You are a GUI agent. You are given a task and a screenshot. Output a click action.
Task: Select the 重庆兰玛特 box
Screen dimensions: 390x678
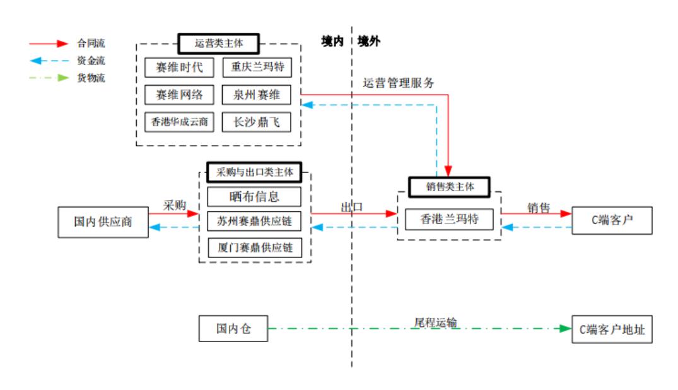click(x=256, y=67)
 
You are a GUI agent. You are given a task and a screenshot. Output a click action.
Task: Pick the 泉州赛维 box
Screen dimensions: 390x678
click(x=256, y=95)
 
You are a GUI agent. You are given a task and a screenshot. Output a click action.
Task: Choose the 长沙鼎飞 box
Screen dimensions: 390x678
click(x=256, y=122)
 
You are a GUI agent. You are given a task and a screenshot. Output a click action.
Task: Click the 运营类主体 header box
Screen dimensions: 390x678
click(x=218, y=44)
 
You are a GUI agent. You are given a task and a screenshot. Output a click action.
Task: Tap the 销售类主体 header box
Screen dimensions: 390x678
click(x=449, y=187)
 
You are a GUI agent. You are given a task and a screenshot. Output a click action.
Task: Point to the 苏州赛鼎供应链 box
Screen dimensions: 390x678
click(x=255, y=222)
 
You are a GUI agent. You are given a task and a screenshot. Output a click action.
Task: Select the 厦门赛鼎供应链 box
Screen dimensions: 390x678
click(x=255, y=247)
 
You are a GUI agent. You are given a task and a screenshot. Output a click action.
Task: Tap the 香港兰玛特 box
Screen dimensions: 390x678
click(x=449, y=219)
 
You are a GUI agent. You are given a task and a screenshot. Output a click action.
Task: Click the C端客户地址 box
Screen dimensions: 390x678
click(x=611, y=329)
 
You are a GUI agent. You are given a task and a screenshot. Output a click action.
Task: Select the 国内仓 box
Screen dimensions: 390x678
click(x=233, y=329)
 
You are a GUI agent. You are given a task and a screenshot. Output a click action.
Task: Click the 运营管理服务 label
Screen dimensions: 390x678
click(x=399, y=83)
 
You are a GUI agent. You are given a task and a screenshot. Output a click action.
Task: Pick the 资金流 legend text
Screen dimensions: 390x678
click(x=91, y=61)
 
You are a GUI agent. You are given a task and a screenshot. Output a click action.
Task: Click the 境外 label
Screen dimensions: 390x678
click(x=369, y=42)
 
